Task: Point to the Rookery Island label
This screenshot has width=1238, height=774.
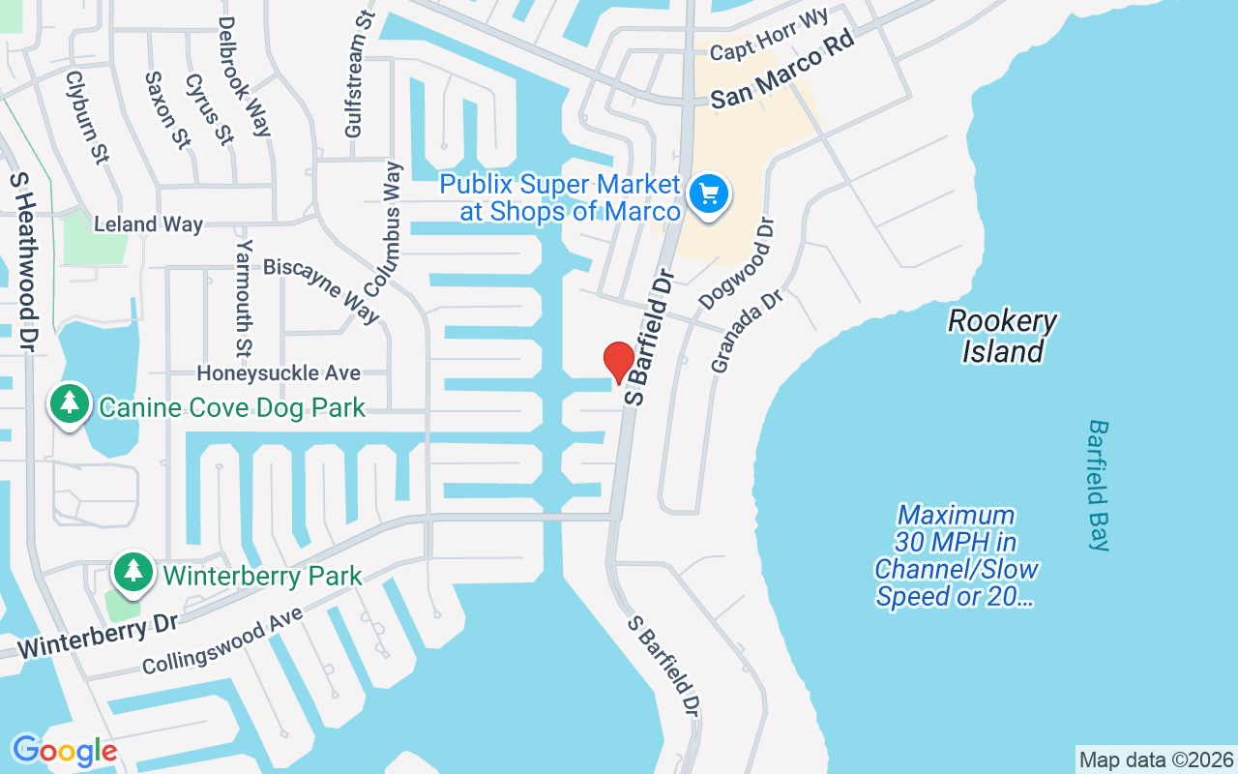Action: [x=1002, y=336]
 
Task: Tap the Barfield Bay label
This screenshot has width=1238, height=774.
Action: [x=1099, y=485]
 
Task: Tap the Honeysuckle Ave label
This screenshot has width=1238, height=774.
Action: [x=279, y=372]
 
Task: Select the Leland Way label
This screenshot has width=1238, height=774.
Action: [x=148, y=224]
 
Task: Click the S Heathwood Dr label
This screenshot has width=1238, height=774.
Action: [x=23, y=262]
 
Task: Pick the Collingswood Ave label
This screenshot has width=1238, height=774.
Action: [x=222, y=640]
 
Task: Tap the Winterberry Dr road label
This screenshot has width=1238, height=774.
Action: [x=97, y=634]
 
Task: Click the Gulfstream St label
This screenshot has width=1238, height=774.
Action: [x=359, y=87]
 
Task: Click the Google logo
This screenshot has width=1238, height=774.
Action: [x=65, y=751]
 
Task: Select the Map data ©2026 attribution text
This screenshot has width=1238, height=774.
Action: [x=1156, y=759]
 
